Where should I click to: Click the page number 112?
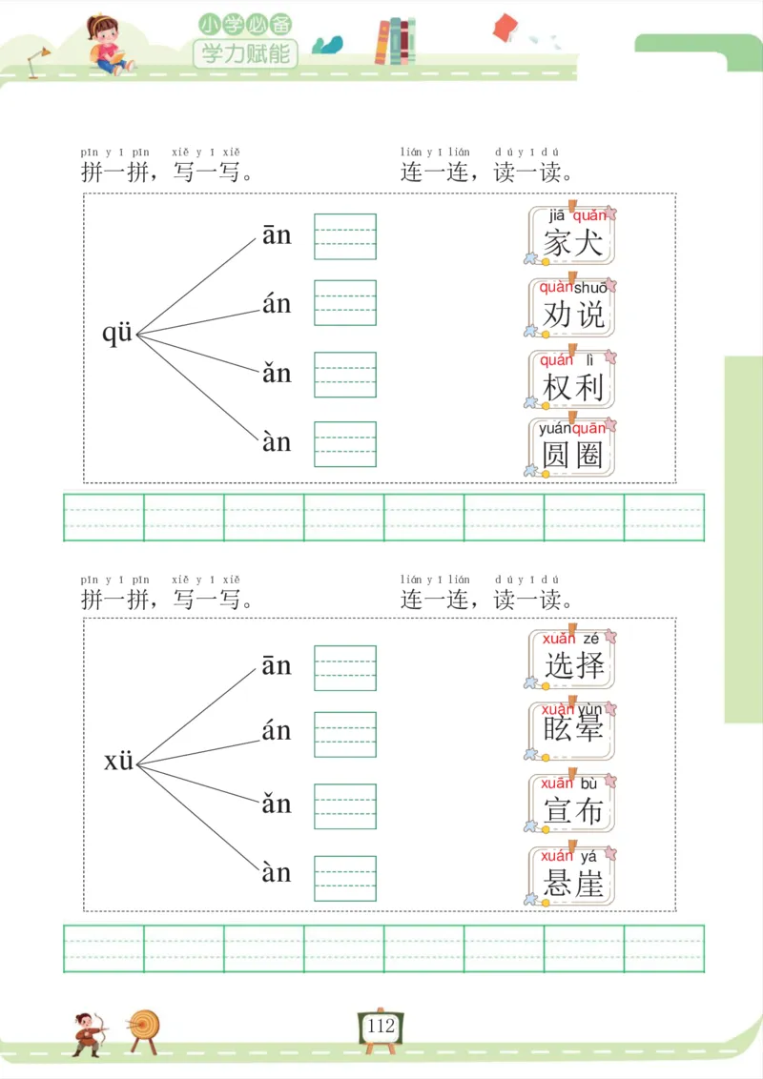[x=381, y=1027]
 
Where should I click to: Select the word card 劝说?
[x=572, y=307]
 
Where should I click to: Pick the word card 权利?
[x=572, y=379]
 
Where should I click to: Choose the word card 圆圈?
[x=572, y=448]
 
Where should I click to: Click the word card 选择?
[x=572, y=658]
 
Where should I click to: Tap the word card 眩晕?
[x=572, y=730]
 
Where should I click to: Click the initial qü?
[x=118, y=334]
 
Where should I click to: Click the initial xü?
[x=119, y=763]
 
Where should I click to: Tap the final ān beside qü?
[x=277, y=235]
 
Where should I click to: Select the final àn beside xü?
[x=277, y=872]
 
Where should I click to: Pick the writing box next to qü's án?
[x=345, y=302]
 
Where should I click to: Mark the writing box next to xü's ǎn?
[x=345, y=805]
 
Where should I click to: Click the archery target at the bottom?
[x=145, y=1027]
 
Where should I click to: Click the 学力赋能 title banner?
[x=245, y=52]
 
